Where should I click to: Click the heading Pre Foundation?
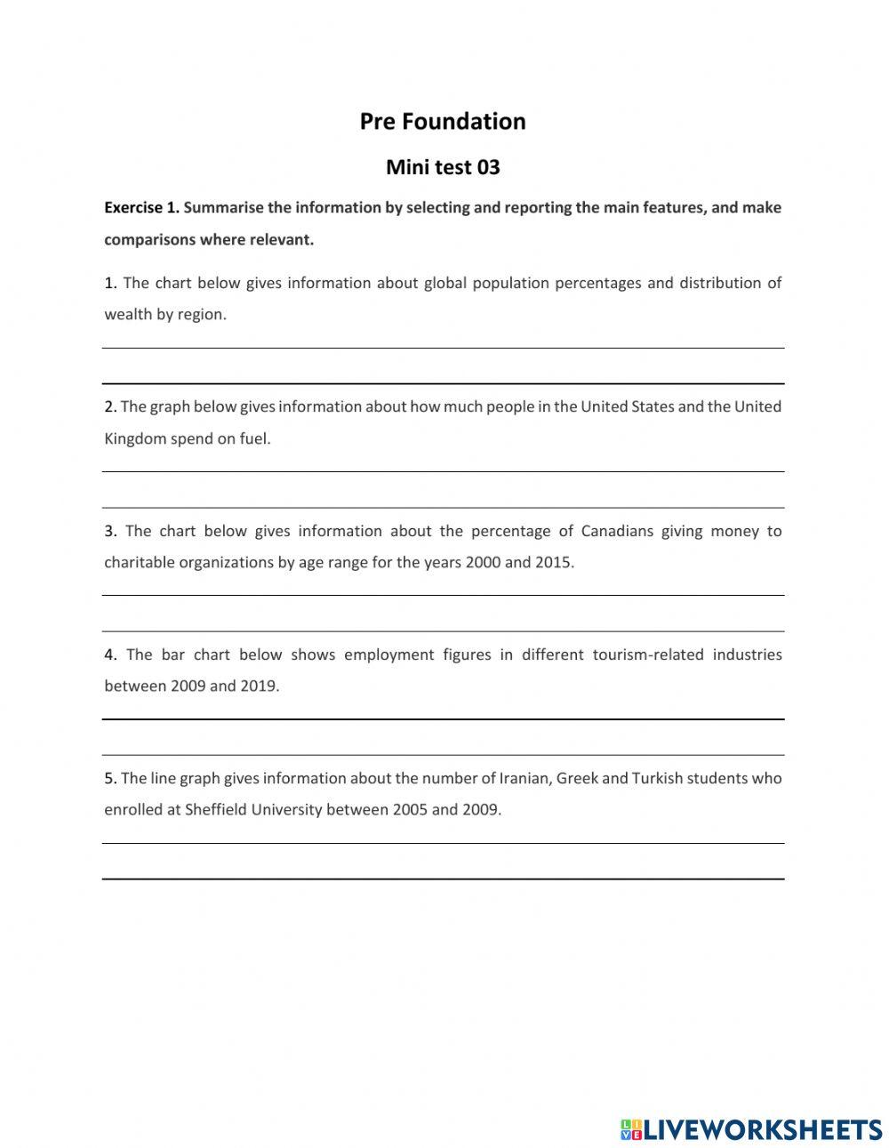(x=443, y=122)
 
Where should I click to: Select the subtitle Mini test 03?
(x=443, y=167)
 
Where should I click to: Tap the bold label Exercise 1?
(x=141, y=208)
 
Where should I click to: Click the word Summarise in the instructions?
(x=222, y=208)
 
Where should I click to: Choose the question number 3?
(x=110, y=531)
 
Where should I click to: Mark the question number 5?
(x=110, y=778)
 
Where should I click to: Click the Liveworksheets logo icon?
(x=631, y=1129)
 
